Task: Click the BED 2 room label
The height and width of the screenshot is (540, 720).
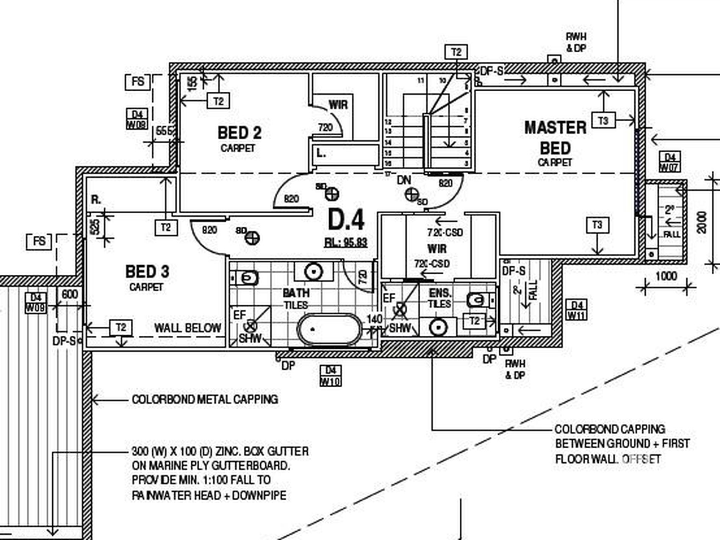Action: click(x=239, y=133)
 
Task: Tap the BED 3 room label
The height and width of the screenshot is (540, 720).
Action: click(x=147, y=272)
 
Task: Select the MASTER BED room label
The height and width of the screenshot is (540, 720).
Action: click(x=555, y=138)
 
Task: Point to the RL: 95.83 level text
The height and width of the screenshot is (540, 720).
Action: click(x=346, y=243)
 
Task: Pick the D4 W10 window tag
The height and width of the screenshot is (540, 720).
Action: click(x=330, y=376)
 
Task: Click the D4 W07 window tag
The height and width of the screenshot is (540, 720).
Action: click(x=670, y=162)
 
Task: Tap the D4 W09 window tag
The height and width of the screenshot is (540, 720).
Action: click(x=36, y=303)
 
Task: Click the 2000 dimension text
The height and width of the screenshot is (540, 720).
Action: click(x=702, y=222)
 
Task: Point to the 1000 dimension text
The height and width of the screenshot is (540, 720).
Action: click(x=666, y=276)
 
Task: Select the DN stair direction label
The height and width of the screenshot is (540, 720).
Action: click(x=404, y=180)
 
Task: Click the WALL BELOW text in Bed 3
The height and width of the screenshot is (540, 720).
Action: click(x=188, y=328)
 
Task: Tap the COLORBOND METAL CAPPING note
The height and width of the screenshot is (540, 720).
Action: click(x=205, y=399)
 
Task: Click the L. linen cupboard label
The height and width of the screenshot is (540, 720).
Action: click(x=321, y=153)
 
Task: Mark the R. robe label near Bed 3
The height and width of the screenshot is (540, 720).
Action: click(x=96, y=200)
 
